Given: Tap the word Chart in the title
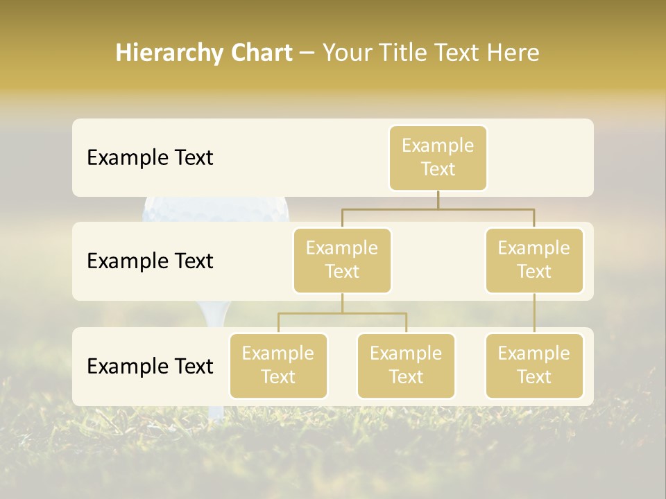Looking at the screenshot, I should point(257,53).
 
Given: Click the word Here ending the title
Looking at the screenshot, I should point(513,53).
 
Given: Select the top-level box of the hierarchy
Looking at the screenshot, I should point(438,158).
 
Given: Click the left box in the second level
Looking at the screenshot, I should point(342,261).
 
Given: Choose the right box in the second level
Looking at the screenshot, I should point(534,261).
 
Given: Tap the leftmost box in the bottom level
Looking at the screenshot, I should point(278,366).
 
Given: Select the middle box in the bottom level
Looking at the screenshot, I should point(406,366).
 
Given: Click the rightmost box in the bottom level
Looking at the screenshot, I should point(534,366).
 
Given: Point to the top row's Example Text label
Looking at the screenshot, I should point(150,158).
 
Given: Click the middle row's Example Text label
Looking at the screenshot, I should point(150,261).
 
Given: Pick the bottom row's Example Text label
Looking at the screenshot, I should point(150,367).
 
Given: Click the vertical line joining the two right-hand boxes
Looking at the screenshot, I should point(534,313).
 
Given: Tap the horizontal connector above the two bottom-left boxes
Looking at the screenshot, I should point(342,313).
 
